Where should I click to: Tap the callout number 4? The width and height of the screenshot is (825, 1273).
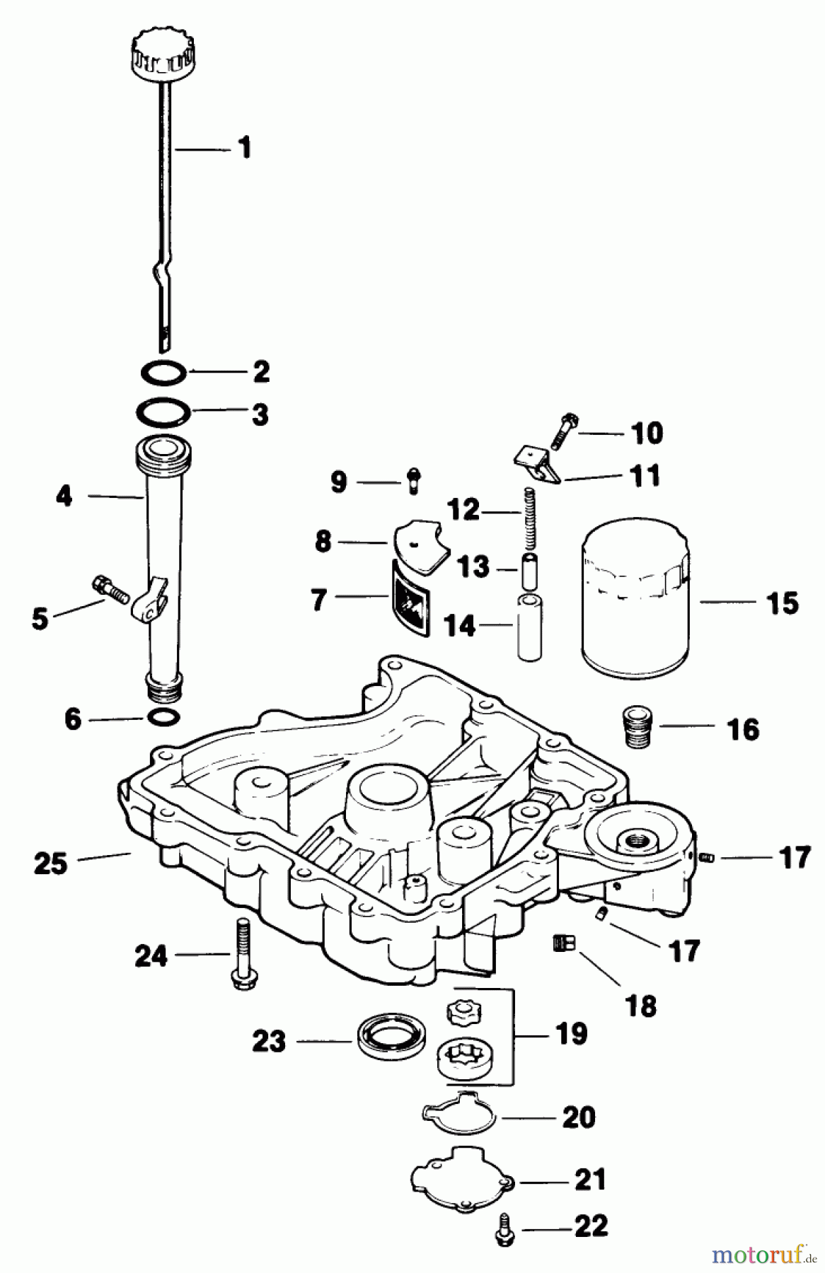64,496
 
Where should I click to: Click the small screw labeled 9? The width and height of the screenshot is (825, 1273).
413,482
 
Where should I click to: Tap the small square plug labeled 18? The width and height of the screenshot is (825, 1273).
564,942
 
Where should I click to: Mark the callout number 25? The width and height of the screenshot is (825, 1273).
51,864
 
